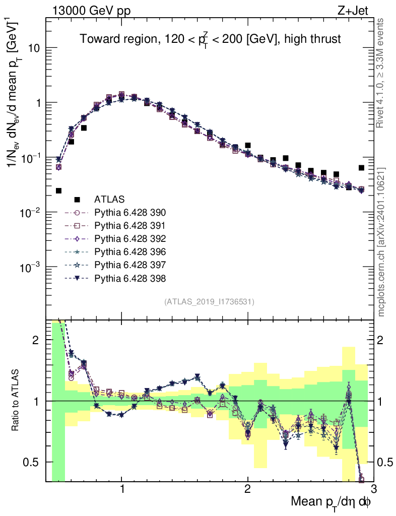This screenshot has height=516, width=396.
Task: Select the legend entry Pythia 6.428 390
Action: [130, 213]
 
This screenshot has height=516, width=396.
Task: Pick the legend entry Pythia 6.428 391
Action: [130, 226]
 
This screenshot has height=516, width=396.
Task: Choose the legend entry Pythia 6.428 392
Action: [130, 239]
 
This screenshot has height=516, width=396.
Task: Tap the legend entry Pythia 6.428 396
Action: [130, 252]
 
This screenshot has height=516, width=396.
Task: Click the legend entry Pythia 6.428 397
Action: [130, 265]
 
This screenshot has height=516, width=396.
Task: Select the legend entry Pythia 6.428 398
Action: [130, 278]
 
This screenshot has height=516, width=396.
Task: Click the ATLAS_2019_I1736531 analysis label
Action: [209, 302]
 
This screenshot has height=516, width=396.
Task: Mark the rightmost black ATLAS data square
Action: [361, 168]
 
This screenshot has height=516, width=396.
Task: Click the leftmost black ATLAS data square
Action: [58, 190]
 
